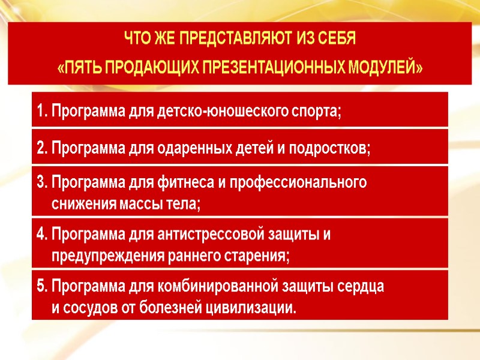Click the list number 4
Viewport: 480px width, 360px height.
[x=41, y=234]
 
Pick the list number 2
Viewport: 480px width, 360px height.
[x=41, y=149]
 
